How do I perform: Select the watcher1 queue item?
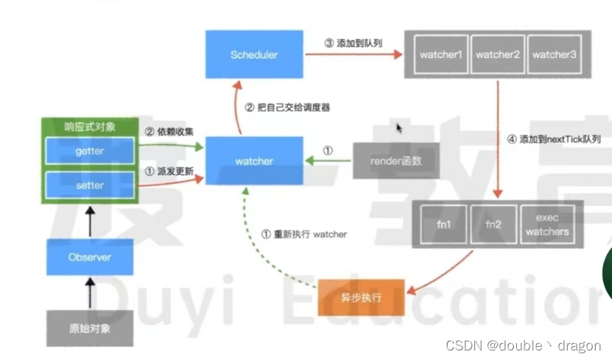coord(440,54)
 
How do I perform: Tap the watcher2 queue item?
coord(496,54)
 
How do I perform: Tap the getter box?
coord(91,151)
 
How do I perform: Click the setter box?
coord(91,186)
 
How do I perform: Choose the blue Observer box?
coord(90,257)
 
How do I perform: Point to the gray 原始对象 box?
coord(90,328)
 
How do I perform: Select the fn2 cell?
coord(493,225)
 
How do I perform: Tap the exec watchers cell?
coord(547,225)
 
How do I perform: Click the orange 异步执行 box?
coord(361,297)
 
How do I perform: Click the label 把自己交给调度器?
coord(287,107)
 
